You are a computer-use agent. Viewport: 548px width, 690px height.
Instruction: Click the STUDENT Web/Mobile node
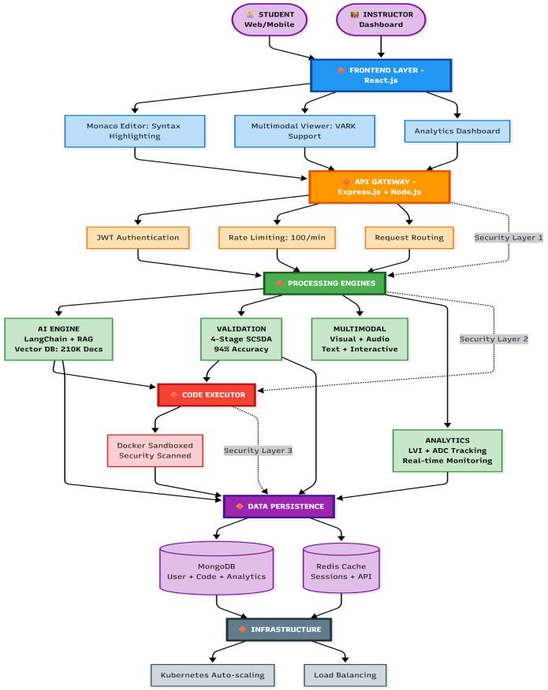point(270,19)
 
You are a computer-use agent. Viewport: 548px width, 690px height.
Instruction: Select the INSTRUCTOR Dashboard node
point(381,19)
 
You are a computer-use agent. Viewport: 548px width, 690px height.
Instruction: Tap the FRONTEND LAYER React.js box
point(380,76)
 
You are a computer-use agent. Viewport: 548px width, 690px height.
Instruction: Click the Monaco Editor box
point(135,130)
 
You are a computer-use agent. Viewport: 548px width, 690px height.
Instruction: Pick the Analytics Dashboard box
point(457,130)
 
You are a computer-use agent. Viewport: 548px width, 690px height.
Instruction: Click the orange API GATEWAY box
point(379,187)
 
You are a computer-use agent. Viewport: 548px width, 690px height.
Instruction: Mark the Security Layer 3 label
point(258,451)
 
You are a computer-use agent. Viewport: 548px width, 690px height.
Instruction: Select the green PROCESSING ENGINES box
point(324,283)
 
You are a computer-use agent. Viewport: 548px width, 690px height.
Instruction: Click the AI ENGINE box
point(59,339)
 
